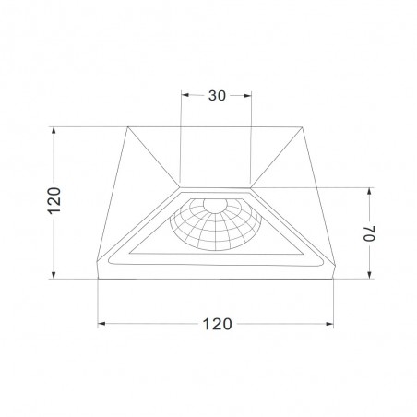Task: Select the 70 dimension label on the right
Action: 370,232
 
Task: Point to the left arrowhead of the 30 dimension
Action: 185,94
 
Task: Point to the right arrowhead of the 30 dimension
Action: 249,94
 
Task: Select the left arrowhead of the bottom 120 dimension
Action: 101,323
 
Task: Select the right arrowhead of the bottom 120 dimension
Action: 333,323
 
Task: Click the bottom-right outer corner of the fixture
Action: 336,276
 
